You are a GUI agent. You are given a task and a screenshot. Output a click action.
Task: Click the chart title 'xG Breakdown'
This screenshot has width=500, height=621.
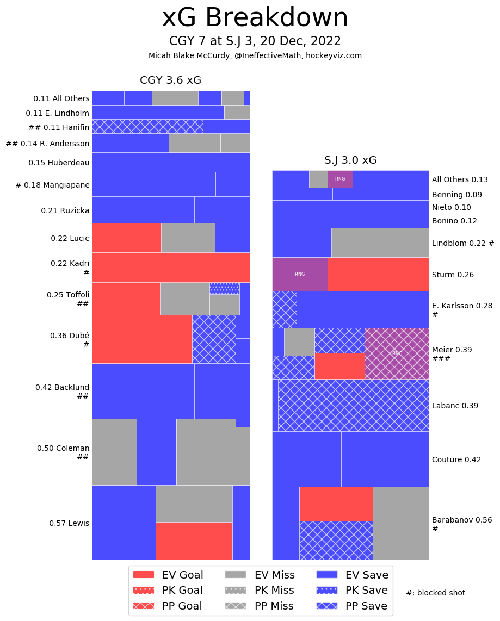[x=255, y=18]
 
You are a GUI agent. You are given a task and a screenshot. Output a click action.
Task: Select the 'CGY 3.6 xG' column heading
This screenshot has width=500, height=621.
[x=170, y=80]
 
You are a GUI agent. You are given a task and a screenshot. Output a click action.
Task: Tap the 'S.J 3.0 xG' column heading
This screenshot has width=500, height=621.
[x=350, y=160]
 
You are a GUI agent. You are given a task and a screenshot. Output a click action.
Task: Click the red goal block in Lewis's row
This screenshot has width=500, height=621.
[x=194, y=541]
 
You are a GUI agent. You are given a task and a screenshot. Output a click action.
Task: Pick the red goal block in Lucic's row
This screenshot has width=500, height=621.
[x=126, y=238]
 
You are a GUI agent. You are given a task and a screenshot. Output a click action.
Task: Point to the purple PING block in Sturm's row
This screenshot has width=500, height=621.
[x=300, y=274]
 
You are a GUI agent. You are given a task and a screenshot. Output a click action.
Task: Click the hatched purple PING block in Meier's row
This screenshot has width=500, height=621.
[x=397, y=353]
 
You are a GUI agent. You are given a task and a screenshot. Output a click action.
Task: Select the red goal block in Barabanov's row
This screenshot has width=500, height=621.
[x=336, y=504]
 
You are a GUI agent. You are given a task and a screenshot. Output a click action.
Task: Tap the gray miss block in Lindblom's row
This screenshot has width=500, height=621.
[x=380, y=243]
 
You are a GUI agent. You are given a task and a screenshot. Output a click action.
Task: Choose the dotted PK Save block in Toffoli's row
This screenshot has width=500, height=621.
[x=224, y=288]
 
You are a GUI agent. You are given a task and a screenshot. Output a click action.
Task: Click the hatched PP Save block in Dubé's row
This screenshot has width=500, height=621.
[x=214, y=339]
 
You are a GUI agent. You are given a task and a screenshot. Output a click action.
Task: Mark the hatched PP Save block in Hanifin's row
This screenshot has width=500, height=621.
[x=147, y=126]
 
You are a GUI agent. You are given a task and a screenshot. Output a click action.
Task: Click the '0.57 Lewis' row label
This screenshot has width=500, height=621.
[x=69, y=523]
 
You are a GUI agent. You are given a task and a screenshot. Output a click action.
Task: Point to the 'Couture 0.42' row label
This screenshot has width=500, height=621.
[x=456, y=459]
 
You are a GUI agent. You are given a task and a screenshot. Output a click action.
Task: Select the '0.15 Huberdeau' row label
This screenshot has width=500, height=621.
[x=59, y=163]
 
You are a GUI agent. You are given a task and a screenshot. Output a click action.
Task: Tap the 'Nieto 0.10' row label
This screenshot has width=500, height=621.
[x=451, y=207]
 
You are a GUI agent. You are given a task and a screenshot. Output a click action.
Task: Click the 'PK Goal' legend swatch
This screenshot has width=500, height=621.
[x=144, y=591]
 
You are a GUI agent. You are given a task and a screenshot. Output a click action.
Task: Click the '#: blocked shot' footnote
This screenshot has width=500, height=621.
[x=435, y=593]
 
